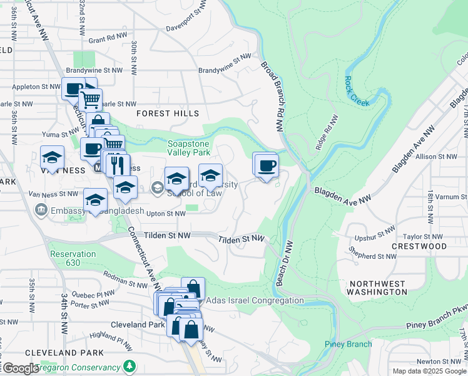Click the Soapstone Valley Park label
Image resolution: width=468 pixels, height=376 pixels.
pyautogui.click(x=188, y=147)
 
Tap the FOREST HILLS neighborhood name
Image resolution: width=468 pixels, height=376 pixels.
pyautogui.click(x=167, y=113)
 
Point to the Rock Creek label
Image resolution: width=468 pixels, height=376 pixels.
pyautogui.click(x=357, y=88)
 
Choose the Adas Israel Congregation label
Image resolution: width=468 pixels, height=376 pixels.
pyautogui.click(x=255, y=301)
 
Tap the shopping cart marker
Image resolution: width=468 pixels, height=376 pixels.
pyautogui.click(x=91, y=99)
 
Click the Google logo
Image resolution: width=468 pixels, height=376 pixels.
pyautogui.click(x=21, y=368)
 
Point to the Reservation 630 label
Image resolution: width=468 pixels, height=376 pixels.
pyautogui.click(x=73, y=258)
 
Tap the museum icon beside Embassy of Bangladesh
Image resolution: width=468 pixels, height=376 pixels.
pyautogui.click(x=41, y=209)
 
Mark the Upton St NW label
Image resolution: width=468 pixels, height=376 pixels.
pyautogui.click(x=166, y=214)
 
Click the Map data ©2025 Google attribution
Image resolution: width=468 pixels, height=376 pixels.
pyautogui.click(x=429, y=371)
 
